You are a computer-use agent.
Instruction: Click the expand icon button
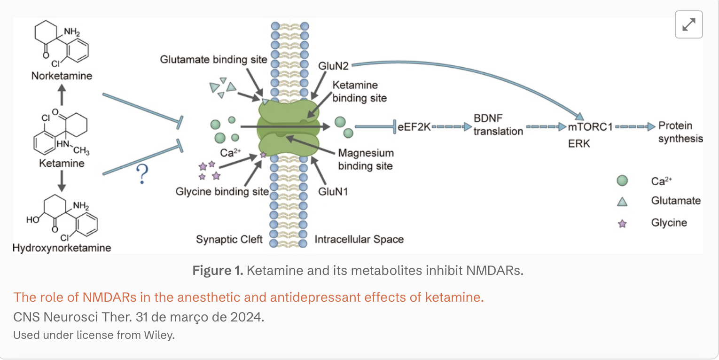tap(688, 24)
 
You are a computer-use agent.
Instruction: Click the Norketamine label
tap(62, 76)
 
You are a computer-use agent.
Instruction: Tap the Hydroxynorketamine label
tap(62, 248)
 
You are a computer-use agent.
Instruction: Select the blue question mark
tap(142, 174)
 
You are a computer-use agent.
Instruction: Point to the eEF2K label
tap(414, 127)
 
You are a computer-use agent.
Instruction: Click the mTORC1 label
tap(590, 127)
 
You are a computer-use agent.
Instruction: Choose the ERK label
tap(579, 143)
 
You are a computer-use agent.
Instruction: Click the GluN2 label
tap(333, 66)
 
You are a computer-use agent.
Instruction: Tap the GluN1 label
tap(333, 191)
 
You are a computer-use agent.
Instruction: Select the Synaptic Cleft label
tap(229, 239)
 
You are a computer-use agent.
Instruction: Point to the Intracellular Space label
tap(359, 239)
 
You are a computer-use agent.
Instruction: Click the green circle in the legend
tap(622, 180)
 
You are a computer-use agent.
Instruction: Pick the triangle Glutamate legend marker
tap(622, 202)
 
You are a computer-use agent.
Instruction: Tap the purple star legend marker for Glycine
tap(622, 224)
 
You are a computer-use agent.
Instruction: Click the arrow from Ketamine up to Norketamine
tap(62, 95)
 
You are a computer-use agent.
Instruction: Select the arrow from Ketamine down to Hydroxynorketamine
tap(62, 181)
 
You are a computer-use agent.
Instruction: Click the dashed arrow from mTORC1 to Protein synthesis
tap(635, 126)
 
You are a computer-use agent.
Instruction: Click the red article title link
tap(249, 297)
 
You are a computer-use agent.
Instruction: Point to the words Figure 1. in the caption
tap(218, 270)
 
